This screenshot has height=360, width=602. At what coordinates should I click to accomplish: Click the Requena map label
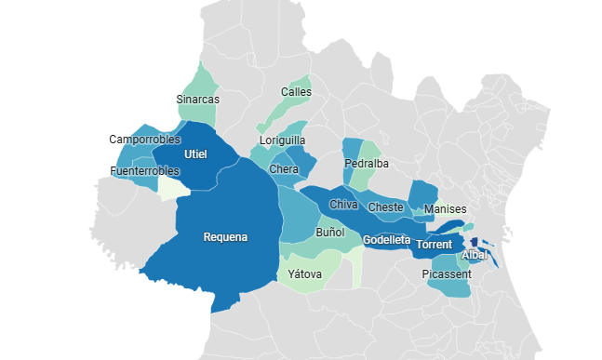pyautogui.click(x=225, y=237)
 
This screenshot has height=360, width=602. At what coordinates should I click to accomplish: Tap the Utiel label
pyautogui.click(x=195, y=153)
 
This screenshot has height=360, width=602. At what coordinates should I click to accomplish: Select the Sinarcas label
pyautogui.click(x=197, y=99)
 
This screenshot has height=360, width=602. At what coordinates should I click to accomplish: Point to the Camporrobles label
pyautogui.click(x=144, y=140)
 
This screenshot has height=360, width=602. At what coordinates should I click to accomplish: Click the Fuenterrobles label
pyautogui.click(x=144, y=171)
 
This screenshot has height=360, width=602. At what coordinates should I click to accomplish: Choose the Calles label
pyautogui.click(x=297, y=92)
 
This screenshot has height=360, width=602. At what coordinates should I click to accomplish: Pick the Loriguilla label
pyautogui.click(x=284, y=141)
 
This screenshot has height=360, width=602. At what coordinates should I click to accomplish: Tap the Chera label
pyautogui.click(x=284, y=169)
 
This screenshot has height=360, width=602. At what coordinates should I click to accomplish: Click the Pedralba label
pyautogui.click(x=367, y=164)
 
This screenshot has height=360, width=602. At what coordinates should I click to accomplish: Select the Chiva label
pyautogui.click(x=343, y=205)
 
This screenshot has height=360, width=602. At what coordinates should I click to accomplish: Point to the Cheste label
pyautogui.click(x=385, y=207)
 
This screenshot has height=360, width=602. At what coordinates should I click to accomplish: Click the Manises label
pyautogui.click(x=445, y=209)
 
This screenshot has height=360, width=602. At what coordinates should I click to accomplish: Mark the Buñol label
pyautogui.click(x=330, y=232)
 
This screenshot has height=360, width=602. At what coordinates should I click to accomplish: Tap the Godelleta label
pyautogui.click(x=386, y=240)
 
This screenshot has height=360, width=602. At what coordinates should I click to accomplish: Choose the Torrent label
pyautogui.click(x=434, y=245)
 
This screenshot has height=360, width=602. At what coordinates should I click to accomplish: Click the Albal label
pyautogui.click(x=475, y=254)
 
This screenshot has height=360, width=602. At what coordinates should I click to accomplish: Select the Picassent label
pyautogui.click(x=447, y=274)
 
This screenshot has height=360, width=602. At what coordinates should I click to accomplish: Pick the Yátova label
pyautogui.click(x=305, y=274)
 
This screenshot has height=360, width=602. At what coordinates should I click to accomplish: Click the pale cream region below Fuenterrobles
pyautogui.click(x=172, y=189)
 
